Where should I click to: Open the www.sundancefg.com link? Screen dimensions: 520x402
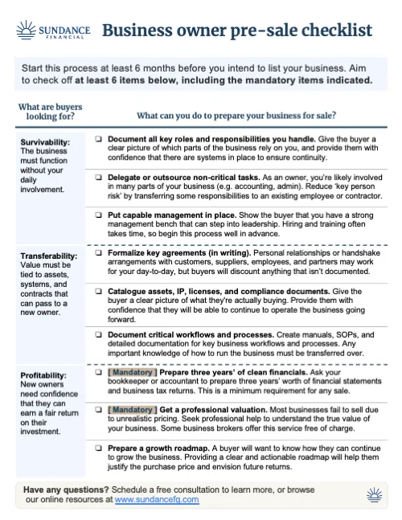tap(157, 499)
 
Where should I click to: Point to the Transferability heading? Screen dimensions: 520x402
tap(49, 256)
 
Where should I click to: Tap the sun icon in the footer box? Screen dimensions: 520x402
tap(372, 493)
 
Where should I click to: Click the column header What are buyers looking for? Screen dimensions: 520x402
tap(50, 110)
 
